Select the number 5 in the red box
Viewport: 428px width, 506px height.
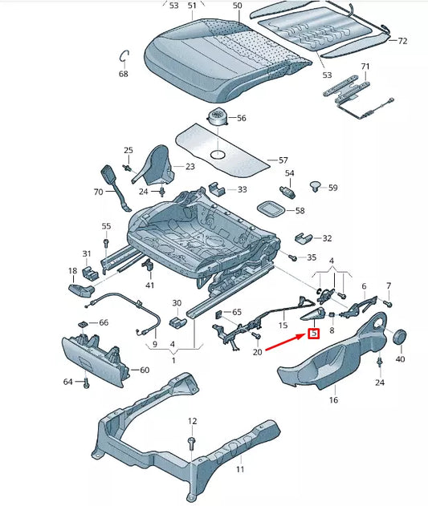tap(314, 333)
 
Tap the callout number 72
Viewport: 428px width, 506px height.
tap(402, 41)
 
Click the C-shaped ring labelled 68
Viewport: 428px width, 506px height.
tap(123, 55)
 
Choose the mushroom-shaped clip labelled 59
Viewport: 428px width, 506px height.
tap(316, 188)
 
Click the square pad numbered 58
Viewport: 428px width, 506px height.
tap(270, 208)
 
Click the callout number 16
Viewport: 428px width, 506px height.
tap(333, 399)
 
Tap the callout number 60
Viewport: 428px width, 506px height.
tap(145, 370)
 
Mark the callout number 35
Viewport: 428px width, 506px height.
tap(312, 257)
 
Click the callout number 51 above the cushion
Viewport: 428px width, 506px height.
tap(192, 6)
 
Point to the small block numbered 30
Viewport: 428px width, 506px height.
tap(177, 322)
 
